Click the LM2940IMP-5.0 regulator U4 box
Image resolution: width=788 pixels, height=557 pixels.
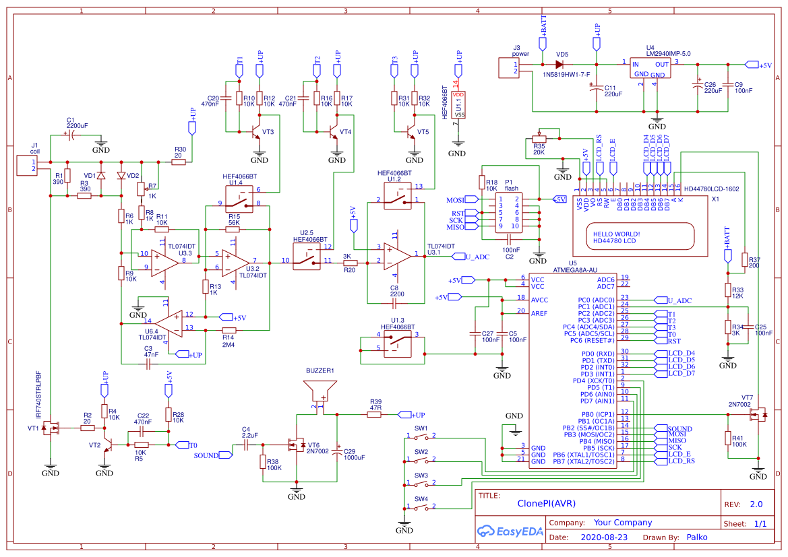[650, 69]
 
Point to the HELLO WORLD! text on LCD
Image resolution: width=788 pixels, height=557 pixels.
[617, 234]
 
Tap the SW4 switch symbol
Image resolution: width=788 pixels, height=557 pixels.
[421, 508]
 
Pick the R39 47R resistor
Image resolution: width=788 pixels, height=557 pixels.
[375, 414]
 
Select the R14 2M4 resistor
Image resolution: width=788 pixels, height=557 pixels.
[229, 330]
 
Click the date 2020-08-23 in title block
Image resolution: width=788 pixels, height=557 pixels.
[603, 537]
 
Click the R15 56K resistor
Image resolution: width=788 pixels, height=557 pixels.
[233, 230]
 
